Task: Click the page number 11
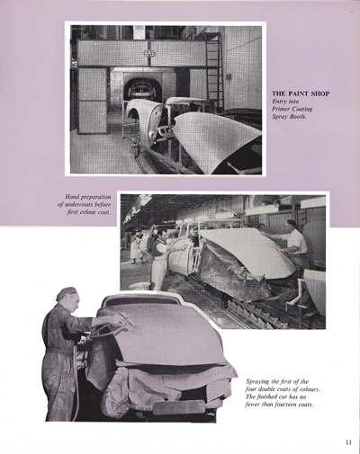coord(347,441)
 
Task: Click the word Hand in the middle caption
coord(75,197)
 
